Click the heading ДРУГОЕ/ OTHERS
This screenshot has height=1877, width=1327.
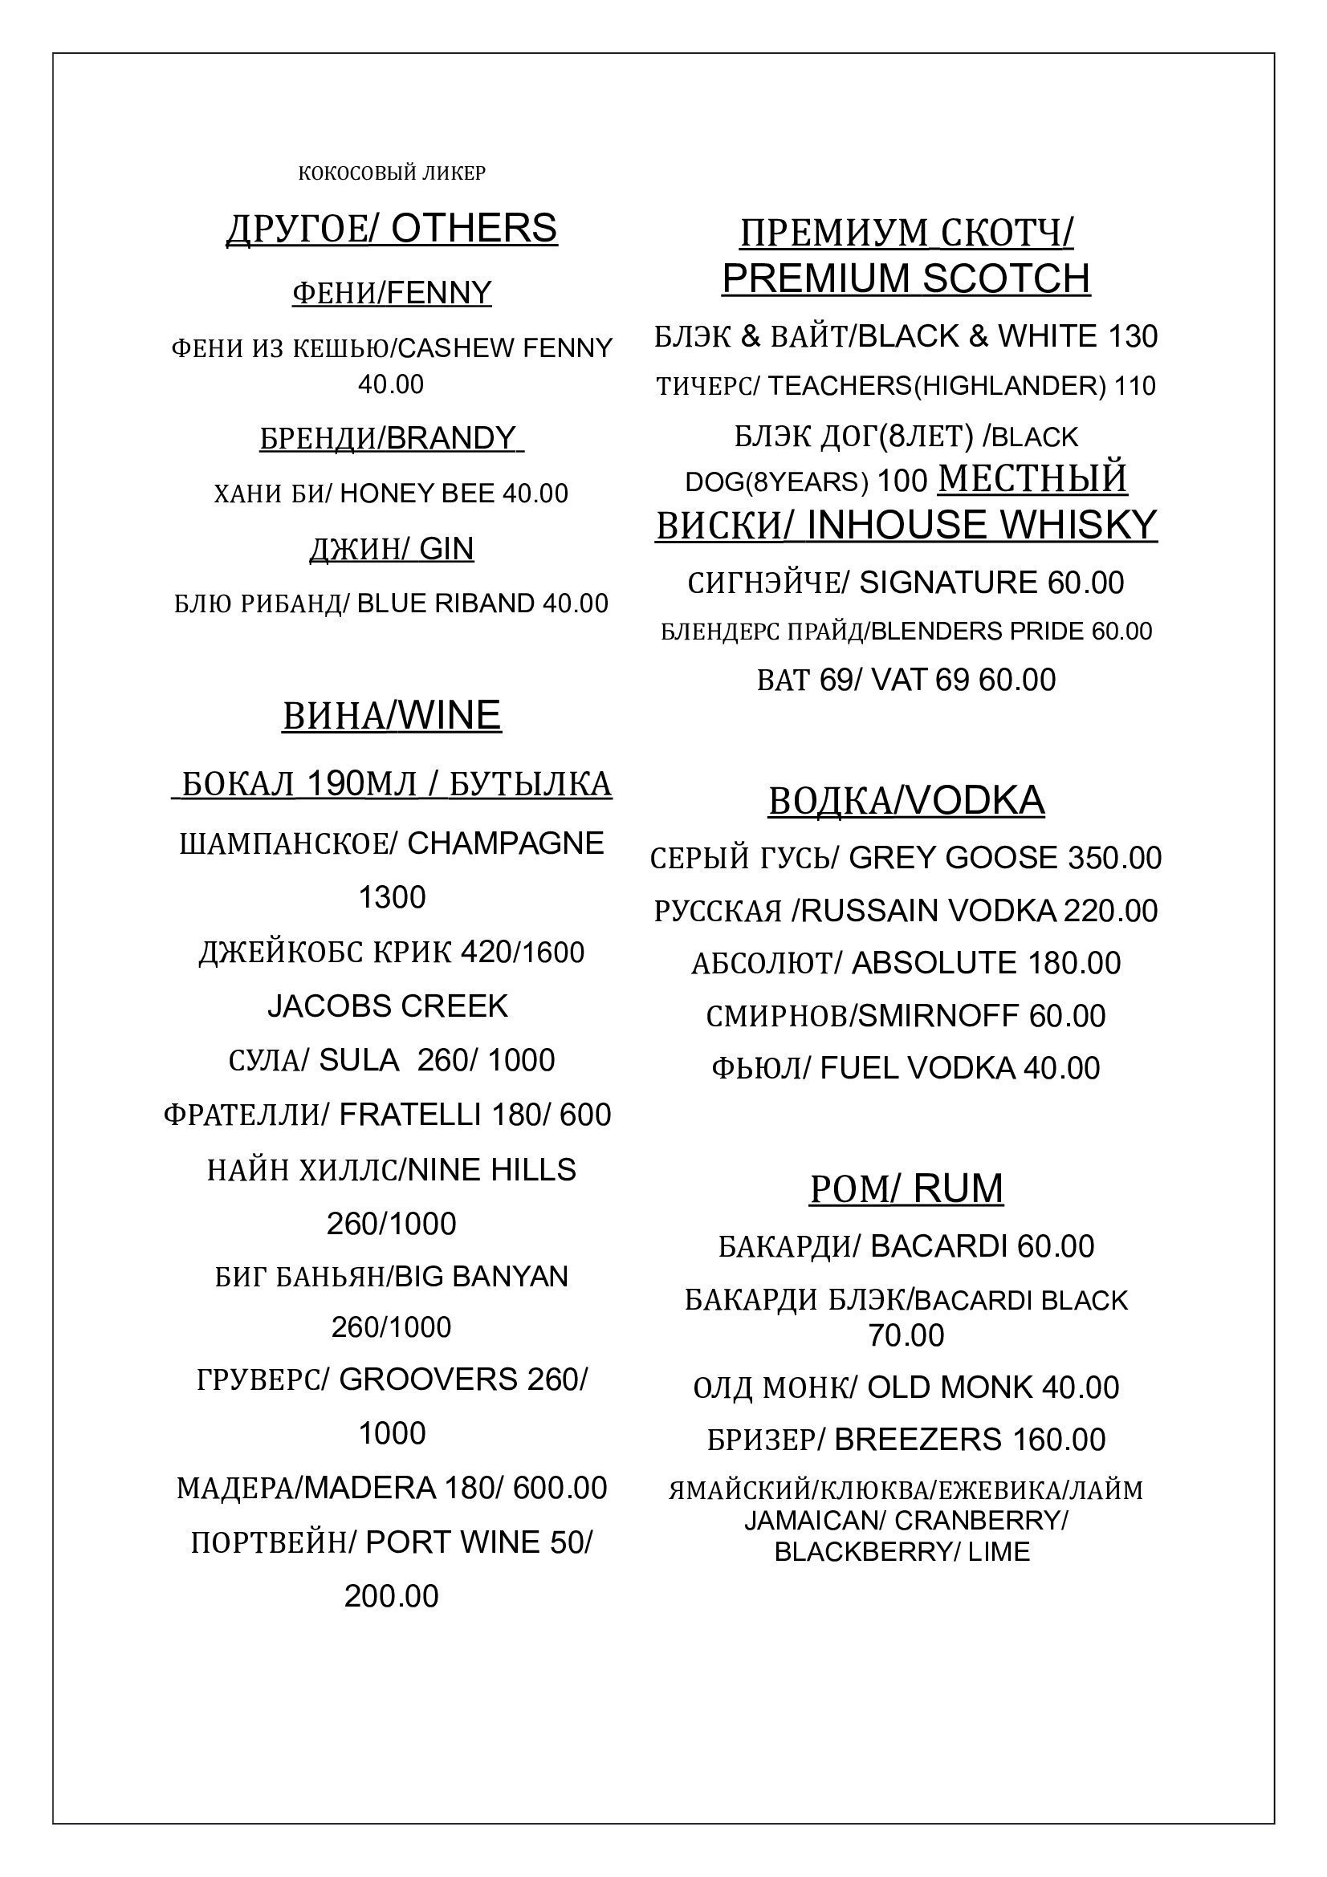pos(392,229)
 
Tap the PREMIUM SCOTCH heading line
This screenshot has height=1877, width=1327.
pos(906,279)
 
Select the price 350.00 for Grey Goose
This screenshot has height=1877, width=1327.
pos(1114,859)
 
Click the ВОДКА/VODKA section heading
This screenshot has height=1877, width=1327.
pos(906,801)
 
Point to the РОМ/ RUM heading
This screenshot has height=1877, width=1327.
pos(906,1189)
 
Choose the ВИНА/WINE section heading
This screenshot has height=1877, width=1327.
pos(392,716)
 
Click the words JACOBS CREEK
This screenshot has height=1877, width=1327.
pos(388,1006)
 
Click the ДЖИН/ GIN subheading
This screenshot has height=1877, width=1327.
pos(392,549)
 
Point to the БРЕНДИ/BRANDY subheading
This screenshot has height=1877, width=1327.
pos(392,439)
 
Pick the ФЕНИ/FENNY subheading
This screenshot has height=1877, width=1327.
pos(392,293)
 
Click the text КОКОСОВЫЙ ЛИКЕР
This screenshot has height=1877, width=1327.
pos(392,173)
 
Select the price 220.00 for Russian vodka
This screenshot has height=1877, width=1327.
pos(1110,912)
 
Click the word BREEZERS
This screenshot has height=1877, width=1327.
pos(918,1440)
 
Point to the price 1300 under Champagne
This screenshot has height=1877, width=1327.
pos(392,898)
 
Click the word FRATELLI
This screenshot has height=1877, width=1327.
pos(409,1115)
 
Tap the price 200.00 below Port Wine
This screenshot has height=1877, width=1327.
pos(392,1596)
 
